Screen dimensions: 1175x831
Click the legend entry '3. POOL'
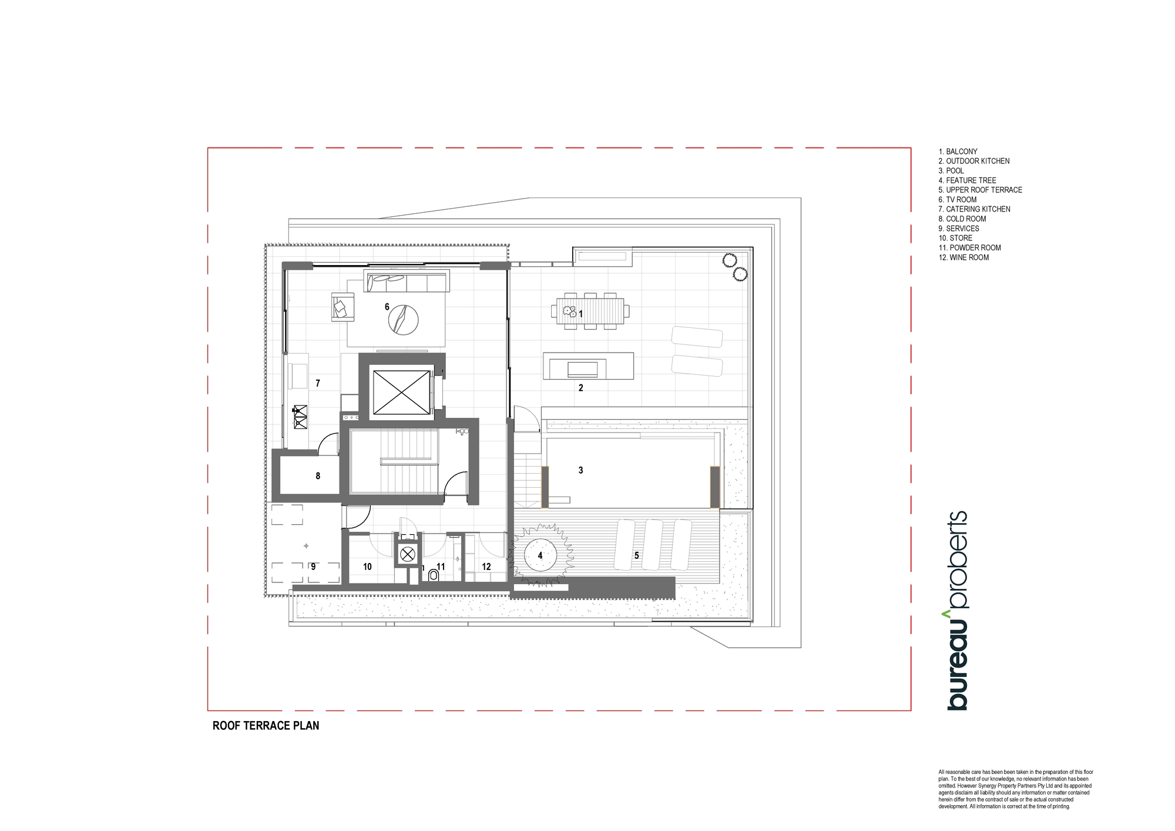tap(951, 170)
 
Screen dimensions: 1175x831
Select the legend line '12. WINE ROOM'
tap(963, 257)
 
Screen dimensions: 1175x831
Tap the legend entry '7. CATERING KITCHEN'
tap(974, 209)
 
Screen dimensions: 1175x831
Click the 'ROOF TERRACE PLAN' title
tap(266, 726)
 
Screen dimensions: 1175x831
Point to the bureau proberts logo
tap(957, 611)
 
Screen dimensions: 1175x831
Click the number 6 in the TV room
tap(387, 307)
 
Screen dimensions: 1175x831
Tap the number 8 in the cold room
tap(318, 476)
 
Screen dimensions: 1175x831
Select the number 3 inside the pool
tap(580, 470)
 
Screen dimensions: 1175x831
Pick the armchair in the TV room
tap(344, 307)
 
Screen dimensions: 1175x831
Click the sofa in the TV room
tap(407, 281)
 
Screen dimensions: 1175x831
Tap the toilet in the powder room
tap(433, 574)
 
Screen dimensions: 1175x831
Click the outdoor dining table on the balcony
tap(590, 311)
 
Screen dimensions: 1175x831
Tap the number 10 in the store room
tap(367, 567)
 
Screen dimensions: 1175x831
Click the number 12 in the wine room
tap(486, 567)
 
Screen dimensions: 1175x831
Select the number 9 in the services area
tap(313, 567)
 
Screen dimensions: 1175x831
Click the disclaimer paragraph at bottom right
tap(1016, 789)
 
